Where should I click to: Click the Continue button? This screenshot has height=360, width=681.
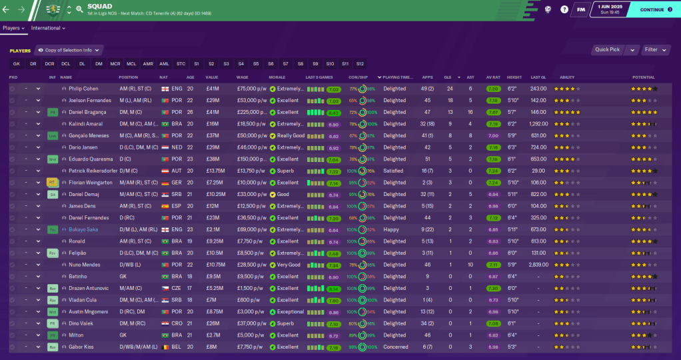[642, 10]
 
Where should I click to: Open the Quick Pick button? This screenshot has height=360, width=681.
[607, 49]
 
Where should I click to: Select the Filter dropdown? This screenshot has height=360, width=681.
[654, 49]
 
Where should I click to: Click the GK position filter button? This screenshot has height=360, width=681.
[16, 64]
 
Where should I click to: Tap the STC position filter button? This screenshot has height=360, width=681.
[181, 64]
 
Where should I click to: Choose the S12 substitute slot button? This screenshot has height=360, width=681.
[360, 64]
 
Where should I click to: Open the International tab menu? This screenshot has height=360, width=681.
[48, 28]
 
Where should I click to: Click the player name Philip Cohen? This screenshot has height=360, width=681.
[83, 89]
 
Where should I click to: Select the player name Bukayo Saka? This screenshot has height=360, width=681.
[83, 229]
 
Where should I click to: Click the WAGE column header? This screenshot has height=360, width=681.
[243, 77]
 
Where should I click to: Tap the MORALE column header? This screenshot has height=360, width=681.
[279, 77]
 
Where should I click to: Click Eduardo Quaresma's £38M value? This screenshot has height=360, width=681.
[213, 159]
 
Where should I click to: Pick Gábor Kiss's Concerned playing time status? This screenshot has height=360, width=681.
[395, 347]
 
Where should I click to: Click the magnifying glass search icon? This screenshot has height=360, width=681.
[79, 10]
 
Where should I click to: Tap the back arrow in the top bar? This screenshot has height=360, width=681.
[7, 10]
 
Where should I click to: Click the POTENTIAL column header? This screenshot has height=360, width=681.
[643, 77]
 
